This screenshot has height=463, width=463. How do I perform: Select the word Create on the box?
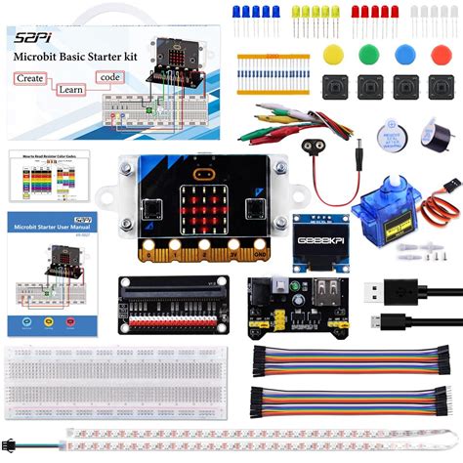(30, 76)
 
